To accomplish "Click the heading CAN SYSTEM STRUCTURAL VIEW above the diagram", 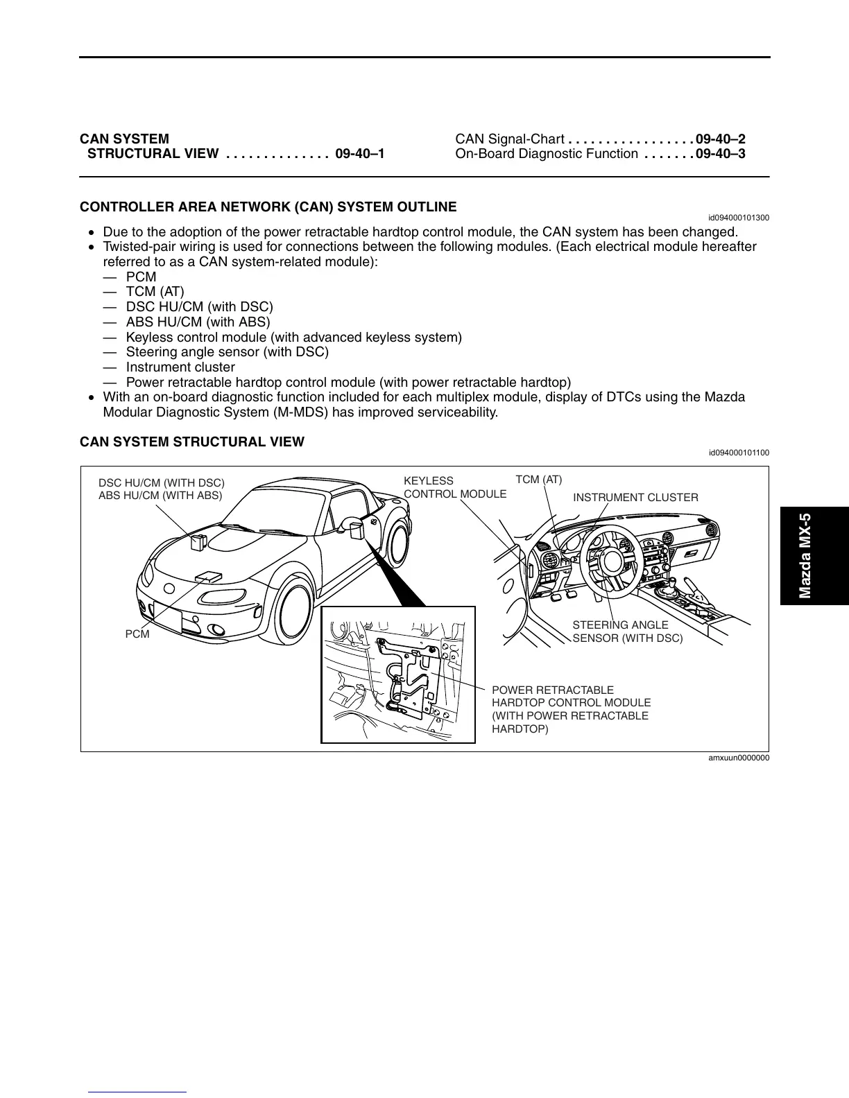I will click(x=192, y=442).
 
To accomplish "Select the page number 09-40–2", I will click(x=721, y=139).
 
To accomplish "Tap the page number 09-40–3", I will click(x=721, y=154).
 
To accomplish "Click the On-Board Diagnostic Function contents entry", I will click(x=547, y=154).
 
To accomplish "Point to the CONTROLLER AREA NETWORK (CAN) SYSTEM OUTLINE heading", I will click(x=268, y=207).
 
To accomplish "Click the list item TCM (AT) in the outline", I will click(x=155, y=292).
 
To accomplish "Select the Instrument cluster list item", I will click(x=180, y=367).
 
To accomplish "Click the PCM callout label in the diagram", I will click(x=137, y=634).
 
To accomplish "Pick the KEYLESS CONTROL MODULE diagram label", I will click(x=455, y=487).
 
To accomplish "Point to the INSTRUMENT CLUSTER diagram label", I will click(x=635, y=498).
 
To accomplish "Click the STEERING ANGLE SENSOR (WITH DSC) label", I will click(x=627, y=631).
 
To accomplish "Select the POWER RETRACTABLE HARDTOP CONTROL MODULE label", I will click(x=571, y=709).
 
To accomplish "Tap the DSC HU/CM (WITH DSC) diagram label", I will click(x=162, y=482).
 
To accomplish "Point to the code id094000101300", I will click(x=739, y=218).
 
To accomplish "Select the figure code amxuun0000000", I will click(x=738, y=758).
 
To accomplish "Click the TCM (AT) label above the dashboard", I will click(x=539, y=480).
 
